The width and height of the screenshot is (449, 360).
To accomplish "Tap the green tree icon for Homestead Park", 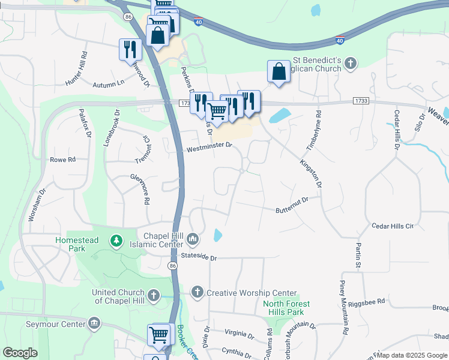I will point(116,241).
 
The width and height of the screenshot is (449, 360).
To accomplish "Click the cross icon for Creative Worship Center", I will point(197,292).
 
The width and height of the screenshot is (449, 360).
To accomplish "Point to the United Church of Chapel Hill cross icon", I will point(154,295).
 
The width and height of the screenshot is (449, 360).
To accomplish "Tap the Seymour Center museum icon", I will point(94,324).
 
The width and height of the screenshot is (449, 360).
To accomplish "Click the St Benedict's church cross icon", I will point(351,62).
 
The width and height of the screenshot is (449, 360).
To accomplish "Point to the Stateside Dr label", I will point(198,257).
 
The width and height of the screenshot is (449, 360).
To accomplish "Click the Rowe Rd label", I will point(62,160).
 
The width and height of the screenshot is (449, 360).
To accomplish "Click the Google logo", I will point(20,353).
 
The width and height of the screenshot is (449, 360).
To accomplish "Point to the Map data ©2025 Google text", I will point(411,355).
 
